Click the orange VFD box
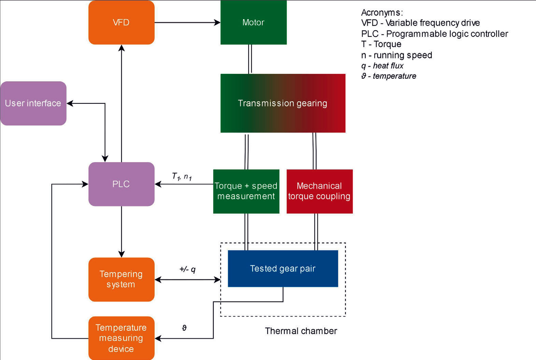(121, 23)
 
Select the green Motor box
(253, 23)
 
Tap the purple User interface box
(33, 103)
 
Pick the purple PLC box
(121, 184)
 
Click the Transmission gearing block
(283, 103)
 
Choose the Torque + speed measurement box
(246, 191)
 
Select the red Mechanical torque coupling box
(320, 191)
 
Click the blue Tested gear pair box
(283, 268)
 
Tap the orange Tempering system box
(121, 279)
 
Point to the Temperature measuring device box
(121, 338)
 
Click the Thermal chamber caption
(301, 331)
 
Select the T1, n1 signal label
(182, 177)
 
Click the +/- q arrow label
(187, 269)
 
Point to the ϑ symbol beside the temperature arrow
(184, 328)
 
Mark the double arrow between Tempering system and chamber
(187, 280)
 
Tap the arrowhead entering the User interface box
(70, 103)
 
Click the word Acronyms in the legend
(382, 13)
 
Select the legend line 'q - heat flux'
(382, 66)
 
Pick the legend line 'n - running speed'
(397, 55)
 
